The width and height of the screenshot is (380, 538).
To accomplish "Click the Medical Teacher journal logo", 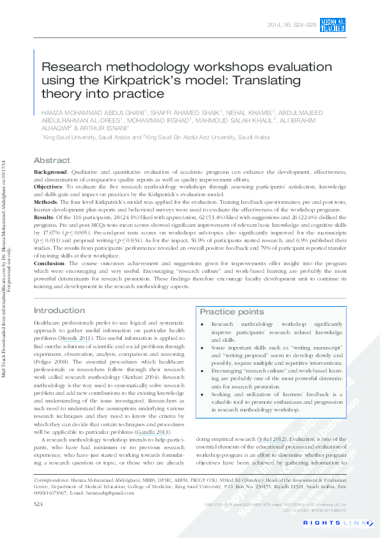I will [x=332, y=26].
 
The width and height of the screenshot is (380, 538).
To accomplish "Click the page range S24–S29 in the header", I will [x=303, y=25].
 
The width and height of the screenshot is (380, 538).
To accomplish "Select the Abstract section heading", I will [x=52, y=160].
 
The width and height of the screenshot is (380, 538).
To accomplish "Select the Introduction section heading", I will [x=59, y=311].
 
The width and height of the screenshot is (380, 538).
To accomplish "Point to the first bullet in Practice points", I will [x=202, y=325].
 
